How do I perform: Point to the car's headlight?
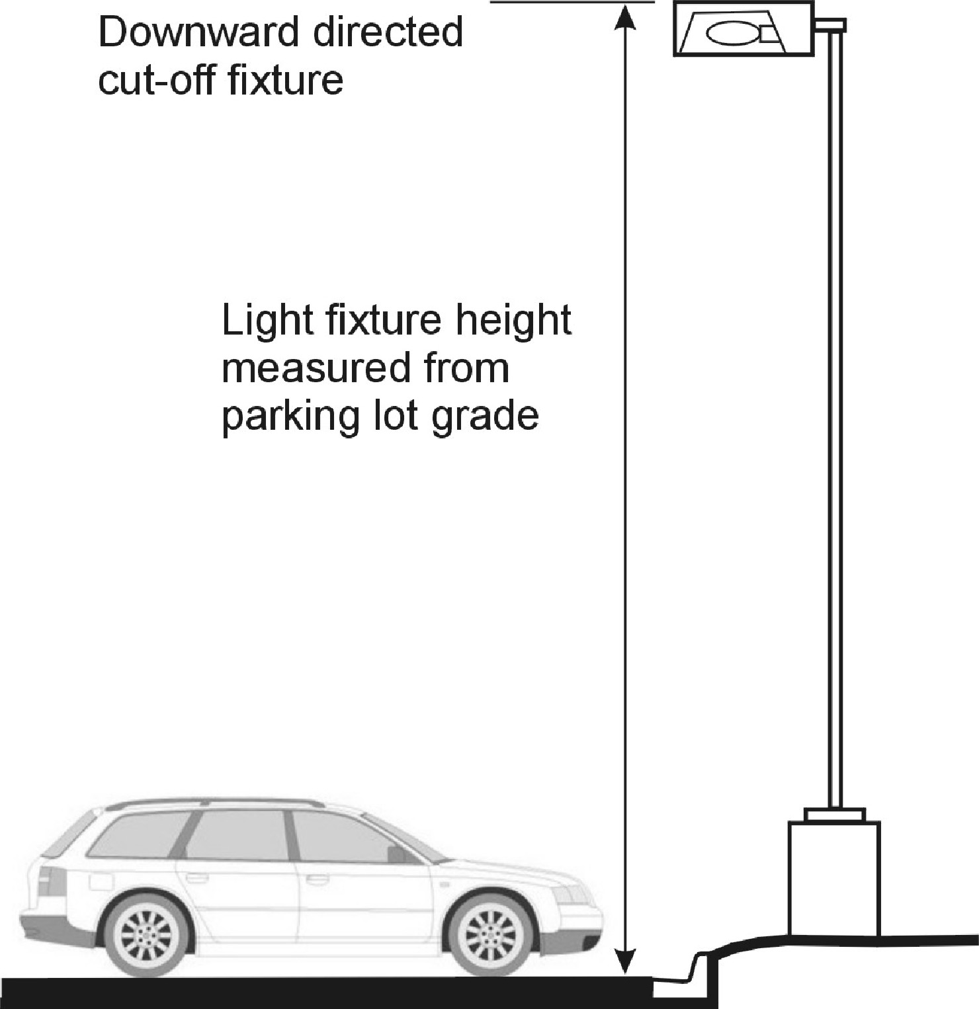pos(570,895)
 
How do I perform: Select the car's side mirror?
pos(399,853)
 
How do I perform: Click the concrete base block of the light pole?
pos(834,878)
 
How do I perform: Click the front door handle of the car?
pos(318,881)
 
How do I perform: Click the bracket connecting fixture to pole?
pos(830,25)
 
